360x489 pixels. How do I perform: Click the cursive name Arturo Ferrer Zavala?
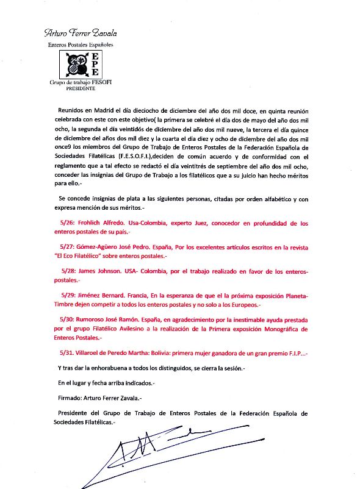click(x=81, y=33)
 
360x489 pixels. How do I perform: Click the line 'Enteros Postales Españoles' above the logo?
click(x=81, y=45)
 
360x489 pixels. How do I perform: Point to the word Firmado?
click(x=64, y=398)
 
